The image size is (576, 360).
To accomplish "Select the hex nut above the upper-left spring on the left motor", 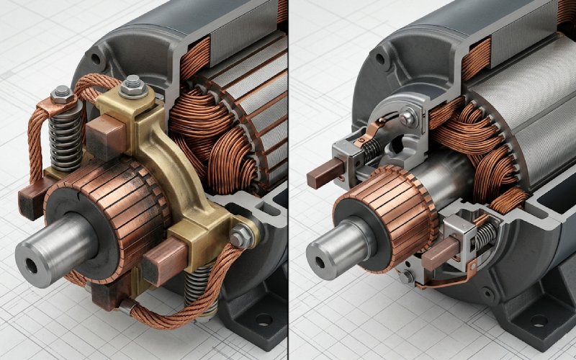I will pos(62,92).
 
